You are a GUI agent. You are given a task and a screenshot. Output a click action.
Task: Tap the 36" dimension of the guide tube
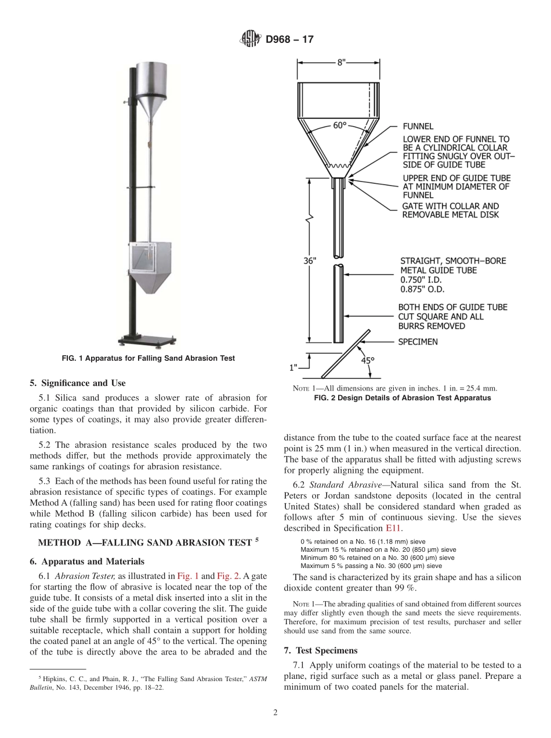pos(310,261)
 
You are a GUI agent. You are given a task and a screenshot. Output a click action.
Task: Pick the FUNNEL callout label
pos(418,126)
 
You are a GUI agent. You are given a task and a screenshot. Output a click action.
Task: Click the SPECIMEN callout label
pos(418,342)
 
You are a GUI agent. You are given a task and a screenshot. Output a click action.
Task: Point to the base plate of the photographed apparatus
pos(147,341)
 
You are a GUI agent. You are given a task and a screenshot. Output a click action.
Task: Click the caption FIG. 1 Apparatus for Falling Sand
pos(148,359)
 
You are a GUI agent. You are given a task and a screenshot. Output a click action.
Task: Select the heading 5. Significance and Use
pos(77,383)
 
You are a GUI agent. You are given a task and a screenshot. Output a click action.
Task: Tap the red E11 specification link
pos(392,529)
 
